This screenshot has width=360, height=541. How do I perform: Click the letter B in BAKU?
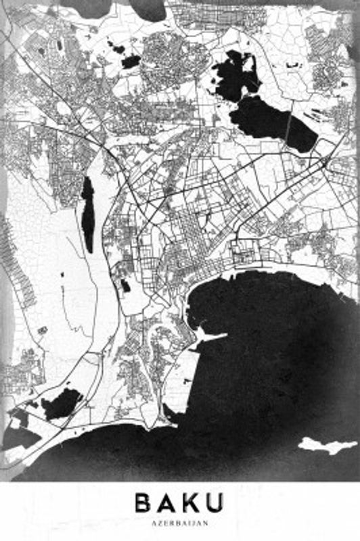(143, 503)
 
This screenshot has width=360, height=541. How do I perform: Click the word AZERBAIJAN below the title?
(179, 523)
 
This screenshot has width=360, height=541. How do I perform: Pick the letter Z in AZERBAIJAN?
(161, 523)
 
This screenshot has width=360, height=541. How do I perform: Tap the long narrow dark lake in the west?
(88, 213)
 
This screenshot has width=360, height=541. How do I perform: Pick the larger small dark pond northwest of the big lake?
(131, 61)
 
